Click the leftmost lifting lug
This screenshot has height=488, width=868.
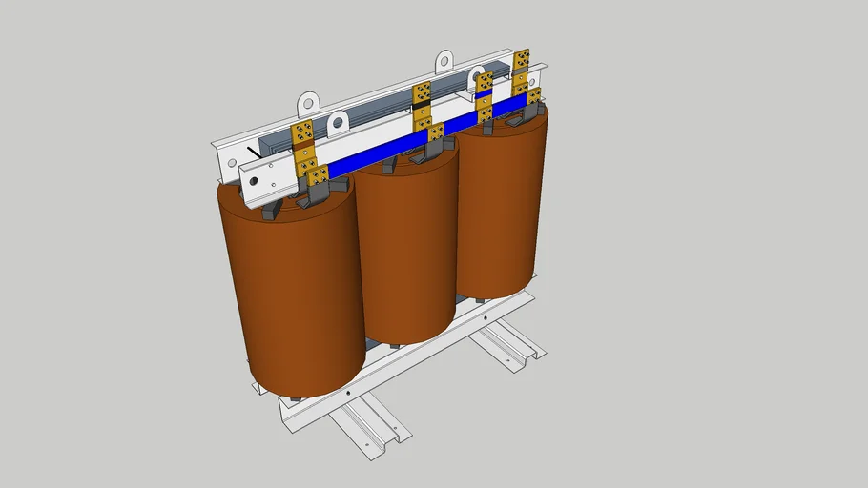[306, 102]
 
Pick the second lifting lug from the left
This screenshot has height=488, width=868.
[338, 124]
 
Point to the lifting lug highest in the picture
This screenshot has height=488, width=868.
[444, 62]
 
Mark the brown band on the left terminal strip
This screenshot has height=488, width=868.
[303, 143]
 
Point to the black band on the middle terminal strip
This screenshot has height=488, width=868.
[421, 106]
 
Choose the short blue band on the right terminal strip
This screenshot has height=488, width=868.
[484, 93]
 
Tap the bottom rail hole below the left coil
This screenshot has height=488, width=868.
[349, 390]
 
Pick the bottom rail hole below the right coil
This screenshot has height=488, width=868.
[486, 314]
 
